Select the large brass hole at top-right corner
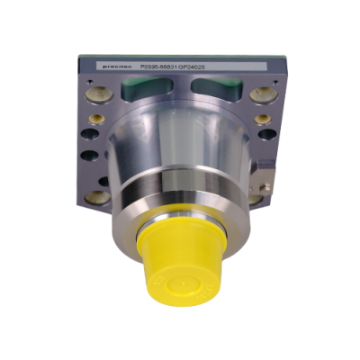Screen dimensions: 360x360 click(262, 94)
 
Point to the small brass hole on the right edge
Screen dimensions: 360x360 click(262, 119)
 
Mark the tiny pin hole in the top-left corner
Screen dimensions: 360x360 click(89, 79)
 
